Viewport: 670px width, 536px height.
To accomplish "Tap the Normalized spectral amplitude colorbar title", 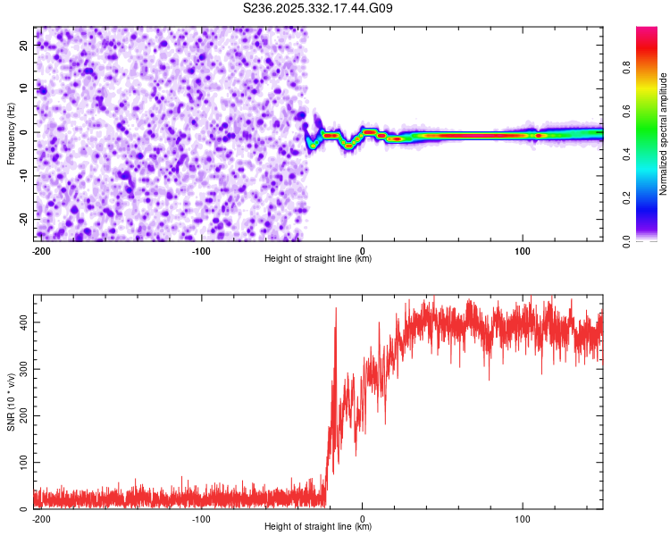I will (x=664, y=134).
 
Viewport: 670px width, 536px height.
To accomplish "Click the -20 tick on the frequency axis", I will (x=23, y=219).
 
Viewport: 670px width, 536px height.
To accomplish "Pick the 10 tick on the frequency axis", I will (x=25, y=88).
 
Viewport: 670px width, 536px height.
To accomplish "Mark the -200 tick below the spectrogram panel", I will (x=40, y=249).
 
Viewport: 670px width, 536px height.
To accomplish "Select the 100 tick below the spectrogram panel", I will (x=523, y=249).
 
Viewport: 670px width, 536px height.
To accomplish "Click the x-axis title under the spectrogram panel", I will (x=318, y=258).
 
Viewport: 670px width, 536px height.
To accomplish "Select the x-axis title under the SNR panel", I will (x=318, y=527).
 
